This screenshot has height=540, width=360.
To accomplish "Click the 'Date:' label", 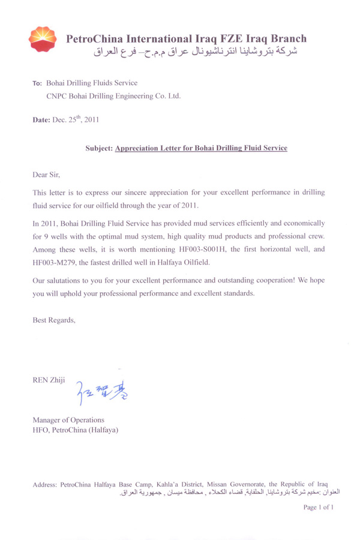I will tap(43, 120).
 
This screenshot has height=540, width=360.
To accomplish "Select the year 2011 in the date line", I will tap(92, 120).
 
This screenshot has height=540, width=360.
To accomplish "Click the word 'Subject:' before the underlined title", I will tap(99, 148).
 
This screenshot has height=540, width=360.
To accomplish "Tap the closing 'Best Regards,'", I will tap(54, 320).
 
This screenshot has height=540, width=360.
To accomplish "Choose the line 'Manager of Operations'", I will tap(68, 419).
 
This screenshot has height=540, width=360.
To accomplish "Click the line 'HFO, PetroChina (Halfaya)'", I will tap(75, 430).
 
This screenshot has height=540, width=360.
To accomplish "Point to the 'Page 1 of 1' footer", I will tap(319, 507).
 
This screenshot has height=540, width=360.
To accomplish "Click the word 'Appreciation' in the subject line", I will tap(140, 148).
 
